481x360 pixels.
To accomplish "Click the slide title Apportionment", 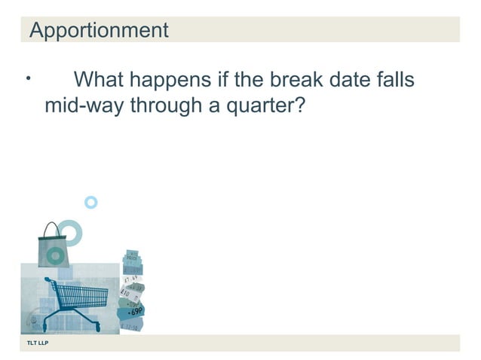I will (98, 31).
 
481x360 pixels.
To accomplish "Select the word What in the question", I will (103, 80).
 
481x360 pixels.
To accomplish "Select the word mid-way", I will (84, 105).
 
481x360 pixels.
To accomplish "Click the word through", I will (165, 105).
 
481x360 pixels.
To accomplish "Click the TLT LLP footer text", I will (38, 343).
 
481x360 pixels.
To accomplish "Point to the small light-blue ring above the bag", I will (91, 202).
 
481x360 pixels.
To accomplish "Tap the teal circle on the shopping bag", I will (54, 256).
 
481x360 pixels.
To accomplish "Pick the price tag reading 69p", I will (136, 310).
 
